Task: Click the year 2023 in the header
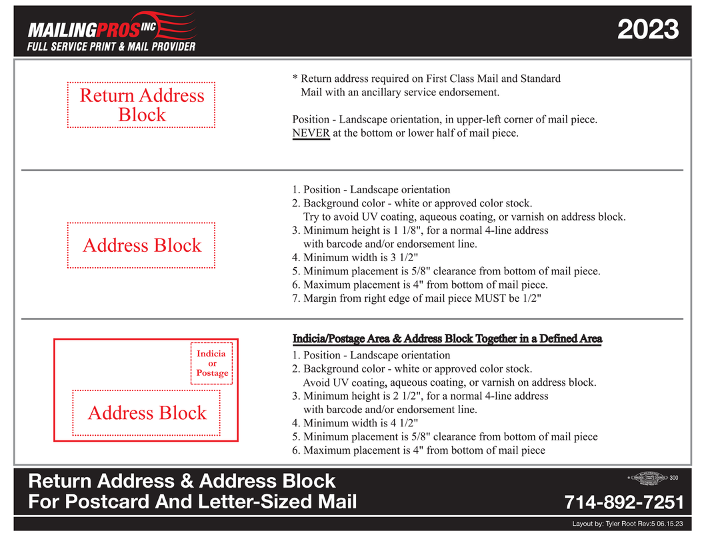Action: coord(647,30)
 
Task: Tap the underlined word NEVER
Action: coord(311,133)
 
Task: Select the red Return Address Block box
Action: coord(141,105)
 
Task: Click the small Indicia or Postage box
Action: coord(212,363)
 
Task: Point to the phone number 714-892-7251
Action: coord(624,502)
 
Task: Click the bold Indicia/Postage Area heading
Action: coord(447,339)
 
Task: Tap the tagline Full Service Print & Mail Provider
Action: coord(111,47)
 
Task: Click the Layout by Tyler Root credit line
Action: coord(624,524)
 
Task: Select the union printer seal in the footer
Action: coord(649,478)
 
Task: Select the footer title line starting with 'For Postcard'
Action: coord(193,502)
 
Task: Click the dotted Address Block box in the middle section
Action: coord(141,245)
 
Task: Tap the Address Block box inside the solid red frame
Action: coord(147,412)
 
